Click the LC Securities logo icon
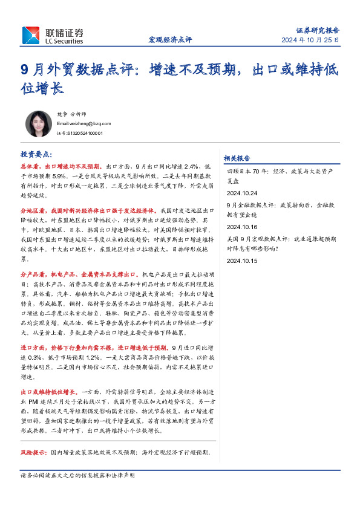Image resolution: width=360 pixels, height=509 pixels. [31, 35]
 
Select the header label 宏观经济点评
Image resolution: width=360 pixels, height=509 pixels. [170, 40]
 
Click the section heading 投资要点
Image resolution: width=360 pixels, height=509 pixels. [36, 154]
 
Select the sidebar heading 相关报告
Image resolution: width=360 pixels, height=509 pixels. [237, 158]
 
